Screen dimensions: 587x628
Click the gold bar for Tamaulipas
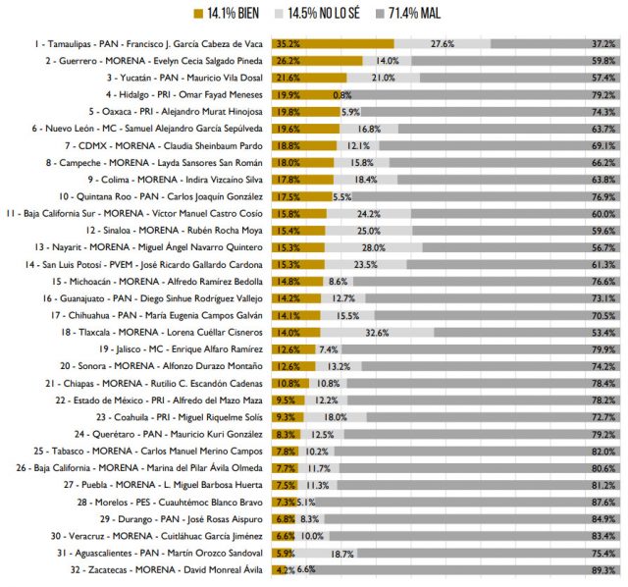334,44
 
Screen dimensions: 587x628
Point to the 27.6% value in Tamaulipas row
443,44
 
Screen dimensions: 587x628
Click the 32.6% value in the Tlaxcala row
391,332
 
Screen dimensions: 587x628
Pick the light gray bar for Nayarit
369,246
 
